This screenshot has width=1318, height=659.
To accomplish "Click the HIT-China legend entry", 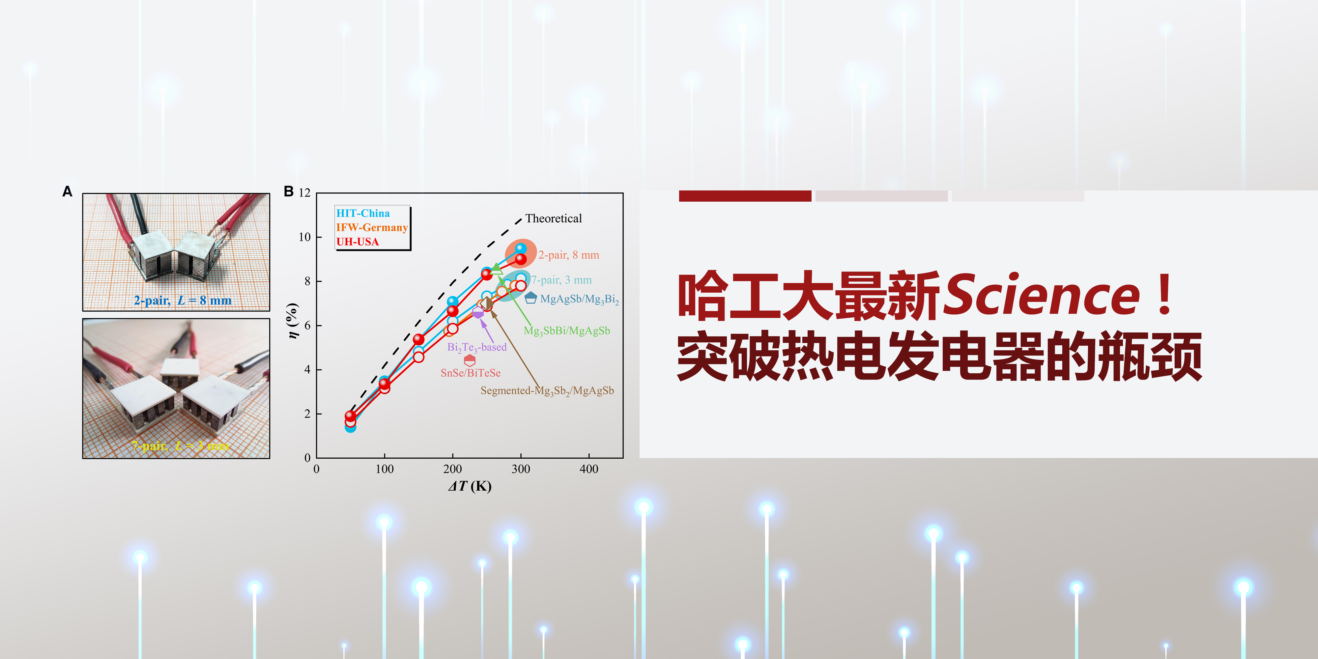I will click(x=363, y=214).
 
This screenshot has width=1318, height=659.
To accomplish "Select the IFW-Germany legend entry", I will click(x=371, y=228).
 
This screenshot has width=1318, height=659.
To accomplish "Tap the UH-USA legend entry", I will click(x=357, y=242).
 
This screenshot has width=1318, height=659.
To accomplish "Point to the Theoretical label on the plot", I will click(x=553, y=218).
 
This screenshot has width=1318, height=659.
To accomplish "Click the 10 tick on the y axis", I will click(x=304, y=237).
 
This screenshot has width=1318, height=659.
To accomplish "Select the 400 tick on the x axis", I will click(x=588, y=469).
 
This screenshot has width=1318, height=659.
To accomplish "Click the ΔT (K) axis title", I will click(x=469, y=486).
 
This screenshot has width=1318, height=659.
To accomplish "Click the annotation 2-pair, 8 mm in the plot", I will click(x=568, y=255).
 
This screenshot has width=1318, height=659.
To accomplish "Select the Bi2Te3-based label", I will click(x=476, y=347).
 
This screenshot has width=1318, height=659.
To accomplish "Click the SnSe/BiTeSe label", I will click(x=470, y=373).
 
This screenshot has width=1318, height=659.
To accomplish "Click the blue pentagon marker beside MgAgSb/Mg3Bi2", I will click(x=530, y=298).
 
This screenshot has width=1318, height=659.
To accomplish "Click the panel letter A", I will click(x=67, y=191).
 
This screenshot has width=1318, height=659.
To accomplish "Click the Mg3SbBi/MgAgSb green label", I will click(x=566, y=331).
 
